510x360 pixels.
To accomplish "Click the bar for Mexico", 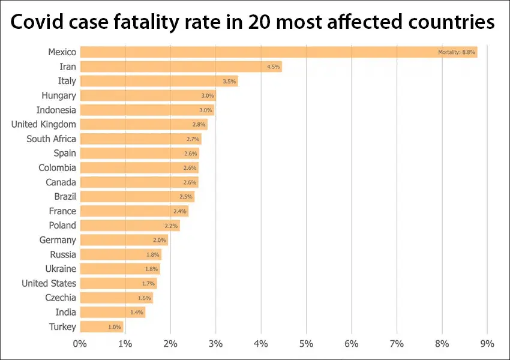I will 278,52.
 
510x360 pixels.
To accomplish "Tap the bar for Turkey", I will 101,326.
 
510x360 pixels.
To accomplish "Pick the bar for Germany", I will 124,240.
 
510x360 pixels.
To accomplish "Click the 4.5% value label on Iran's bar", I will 274,67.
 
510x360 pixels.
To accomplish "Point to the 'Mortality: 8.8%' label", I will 457,53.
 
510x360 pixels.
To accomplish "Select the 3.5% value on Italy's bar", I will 230,82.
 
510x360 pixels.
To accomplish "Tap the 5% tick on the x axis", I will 306,344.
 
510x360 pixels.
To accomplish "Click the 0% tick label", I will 79,344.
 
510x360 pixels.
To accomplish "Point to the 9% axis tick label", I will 487,344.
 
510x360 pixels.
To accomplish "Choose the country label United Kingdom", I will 44,124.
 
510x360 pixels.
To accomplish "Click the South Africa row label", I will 51,139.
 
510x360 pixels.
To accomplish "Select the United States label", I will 49,283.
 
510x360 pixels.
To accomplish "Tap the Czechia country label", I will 61,298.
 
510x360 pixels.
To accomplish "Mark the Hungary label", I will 59,95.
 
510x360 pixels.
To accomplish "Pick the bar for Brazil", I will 137,197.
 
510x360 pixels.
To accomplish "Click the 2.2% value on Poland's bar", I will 172,226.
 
